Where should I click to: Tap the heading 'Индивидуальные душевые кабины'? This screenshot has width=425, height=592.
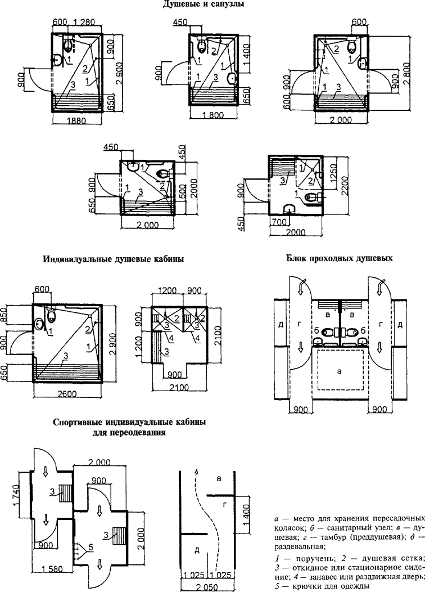pos(114,259)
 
